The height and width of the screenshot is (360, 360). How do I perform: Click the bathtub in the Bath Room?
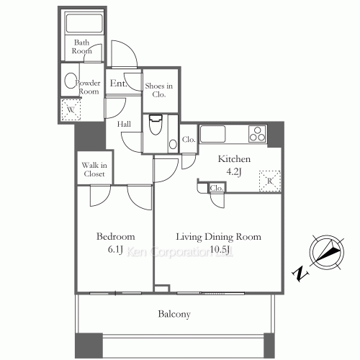84,23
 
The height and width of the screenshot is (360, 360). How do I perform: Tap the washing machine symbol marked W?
71,109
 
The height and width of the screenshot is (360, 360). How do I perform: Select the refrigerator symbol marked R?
270,181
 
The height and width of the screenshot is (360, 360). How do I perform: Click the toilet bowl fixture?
156,125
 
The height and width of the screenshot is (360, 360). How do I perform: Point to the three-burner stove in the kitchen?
258,134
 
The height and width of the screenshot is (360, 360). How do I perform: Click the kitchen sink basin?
212,134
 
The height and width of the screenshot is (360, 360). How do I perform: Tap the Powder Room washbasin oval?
70,81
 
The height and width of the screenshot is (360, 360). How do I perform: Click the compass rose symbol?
327,252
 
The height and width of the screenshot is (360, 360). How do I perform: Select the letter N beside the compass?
300,274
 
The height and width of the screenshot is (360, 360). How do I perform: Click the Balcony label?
174,314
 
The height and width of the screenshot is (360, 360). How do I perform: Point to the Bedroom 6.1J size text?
115,250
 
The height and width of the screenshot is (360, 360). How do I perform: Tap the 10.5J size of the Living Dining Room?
220,250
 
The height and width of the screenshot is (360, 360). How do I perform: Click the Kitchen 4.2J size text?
234,172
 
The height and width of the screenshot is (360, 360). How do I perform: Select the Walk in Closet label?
94,169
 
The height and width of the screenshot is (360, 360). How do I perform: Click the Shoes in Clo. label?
159,90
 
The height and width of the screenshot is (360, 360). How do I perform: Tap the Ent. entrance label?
118,84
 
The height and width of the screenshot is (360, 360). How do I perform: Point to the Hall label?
124,124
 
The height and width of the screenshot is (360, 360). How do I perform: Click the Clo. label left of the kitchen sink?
189,140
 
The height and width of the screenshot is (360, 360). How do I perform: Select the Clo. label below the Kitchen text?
217,189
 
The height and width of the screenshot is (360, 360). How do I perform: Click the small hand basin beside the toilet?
173,144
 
